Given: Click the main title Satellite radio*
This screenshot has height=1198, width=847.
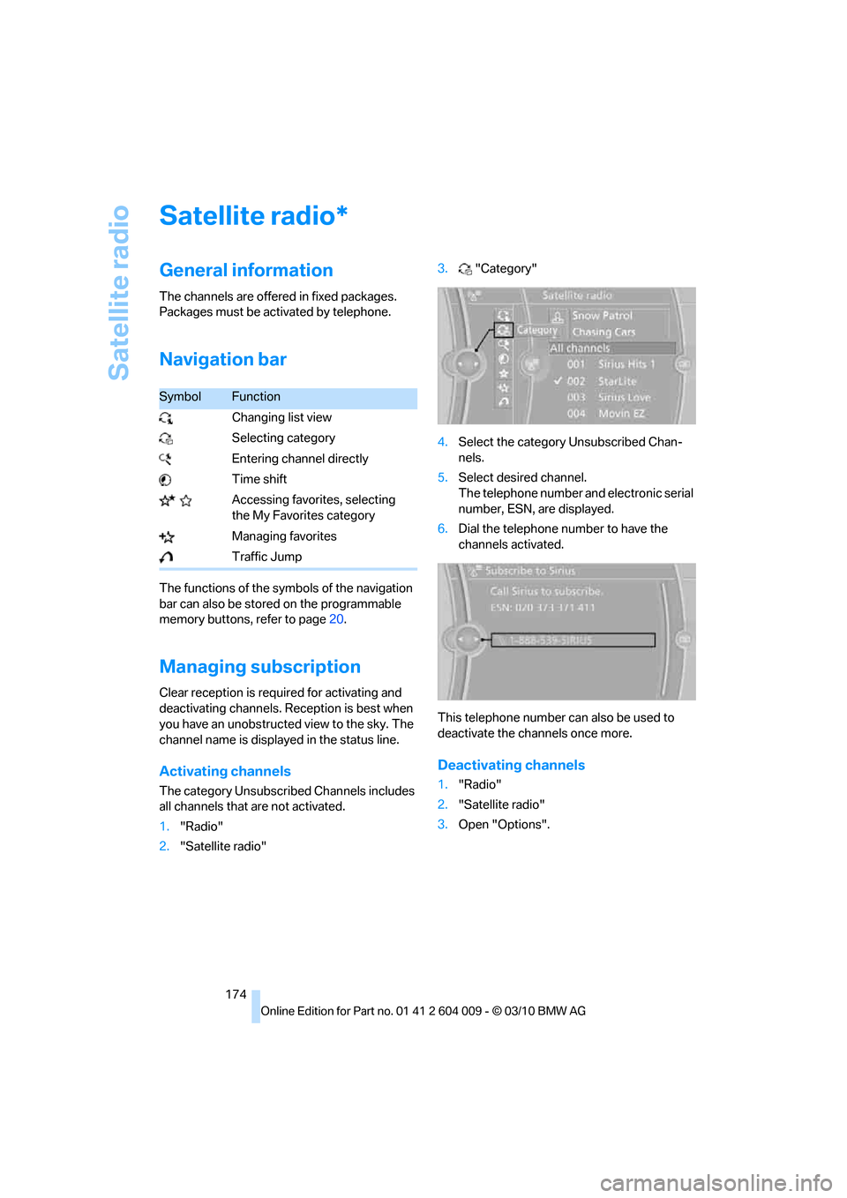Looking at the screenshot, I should (253, 216).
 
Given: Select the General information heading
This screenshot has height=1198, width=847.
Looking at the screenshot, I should (246, 271).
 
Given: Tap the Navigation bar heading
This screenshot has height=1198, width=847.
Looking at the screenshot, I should (222, 360).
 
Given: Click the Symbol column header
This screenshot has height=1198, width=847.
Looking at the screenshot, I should (180, 397).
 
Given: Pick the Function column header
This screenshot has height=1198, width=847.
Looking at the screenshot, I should (256, 397).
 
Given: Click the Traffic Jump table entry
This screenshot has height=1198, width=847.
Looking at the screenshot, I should (266, 557).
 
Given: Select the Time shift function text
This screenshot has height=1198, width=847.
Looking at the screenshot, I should (259, 479).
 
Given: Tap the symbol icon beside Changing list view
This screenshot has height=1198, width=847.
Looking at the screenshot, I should (166, 418).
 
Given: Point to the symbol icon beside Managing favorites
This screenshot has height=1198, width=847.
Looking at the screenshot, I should (167, 536).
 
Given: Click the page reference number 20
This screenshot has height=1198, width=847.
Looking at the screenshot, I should (336, 619).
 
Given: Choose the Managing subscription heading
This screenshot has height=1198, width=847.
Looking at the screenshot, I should (259, 667).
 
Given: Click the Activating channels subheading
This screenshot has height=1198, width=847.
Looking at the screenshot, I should (225, 771).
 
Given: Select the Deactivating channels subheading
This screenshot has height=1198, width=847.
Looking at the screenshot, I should (511, 765).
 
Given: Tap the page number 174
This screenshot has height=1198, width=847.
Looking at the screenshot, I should (236, 994).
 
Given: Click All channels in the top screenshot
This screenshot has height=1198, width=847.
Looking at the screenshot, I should (580, 348).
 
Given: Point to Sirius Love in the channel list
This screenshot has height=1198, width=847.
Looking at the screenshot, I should (624, 397).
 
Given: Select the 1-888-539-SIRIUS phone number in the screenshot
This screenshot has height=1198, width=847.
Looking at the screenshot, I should (551, 640).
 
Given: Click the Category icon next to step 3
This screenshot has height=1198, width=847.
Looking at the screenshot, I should (465, 269).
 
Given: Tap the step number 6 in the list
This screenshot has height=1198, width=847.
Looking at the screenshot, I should (443, 529).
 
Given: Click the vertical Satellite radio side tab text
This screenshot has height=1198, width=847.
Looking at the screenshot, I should (119, 293).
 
